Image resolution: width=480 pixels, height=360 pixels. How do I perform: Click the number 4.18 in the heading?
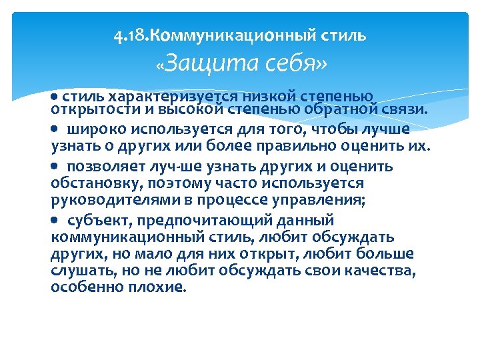click(x=127, y=35)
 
